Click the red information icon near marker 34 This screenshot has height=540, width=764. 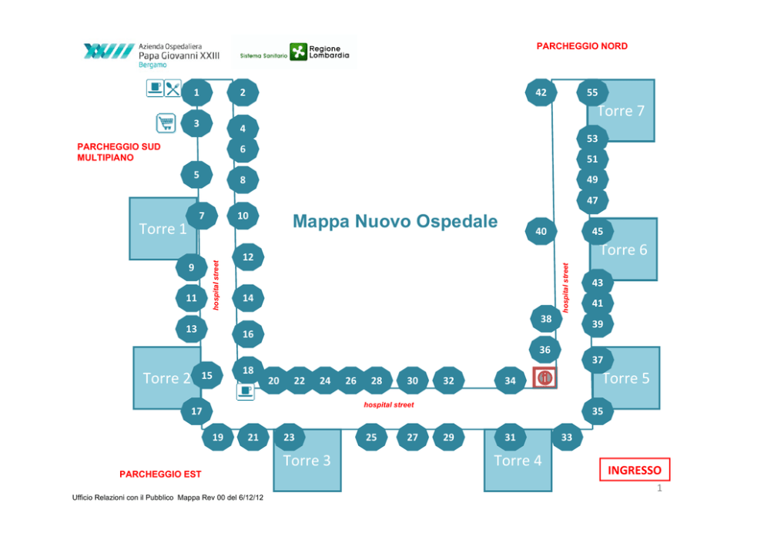pos(545,377)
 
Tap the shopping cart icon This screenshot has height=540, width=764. pos(166,122)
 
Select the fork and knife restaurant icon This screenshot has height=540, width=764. pos(173,89)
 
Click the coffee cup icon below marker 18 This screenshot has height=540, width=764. pos(246,391)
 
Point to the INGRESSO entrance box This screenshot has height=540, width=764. pos(635,470)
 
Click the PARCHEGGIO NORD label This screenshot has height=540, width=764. pos(581,46)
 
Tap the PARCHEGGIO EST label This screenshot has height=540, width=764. pos(160,475)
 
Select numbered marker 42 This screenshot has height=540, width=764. pos(541,92)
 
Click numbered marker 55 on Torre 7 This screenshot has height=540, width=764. pos(592,92)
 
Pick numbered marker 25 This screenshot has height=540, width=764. pos(371,438)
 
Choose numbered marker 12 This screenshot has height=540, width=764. pos(248,257)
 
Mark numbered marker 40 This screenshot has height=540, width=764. pos(541,231)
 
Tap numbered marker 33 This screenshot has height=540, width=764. pos(567,438)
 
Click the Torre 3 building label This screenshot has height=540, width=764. pos(307,461)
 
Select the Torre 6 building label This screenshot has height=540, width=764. pos(624,250)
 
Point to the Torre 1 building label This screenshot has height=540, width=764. pos(163,229)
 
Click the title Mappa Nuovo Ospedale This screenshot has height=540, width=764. pos(395,221)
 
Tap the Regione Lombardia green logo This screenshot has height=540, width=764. pos(298,52)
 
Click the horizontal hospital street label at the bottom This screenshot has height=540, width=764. pos(389,404)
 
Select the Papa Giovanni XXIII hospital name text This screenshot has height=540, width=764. pos(179,55)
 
